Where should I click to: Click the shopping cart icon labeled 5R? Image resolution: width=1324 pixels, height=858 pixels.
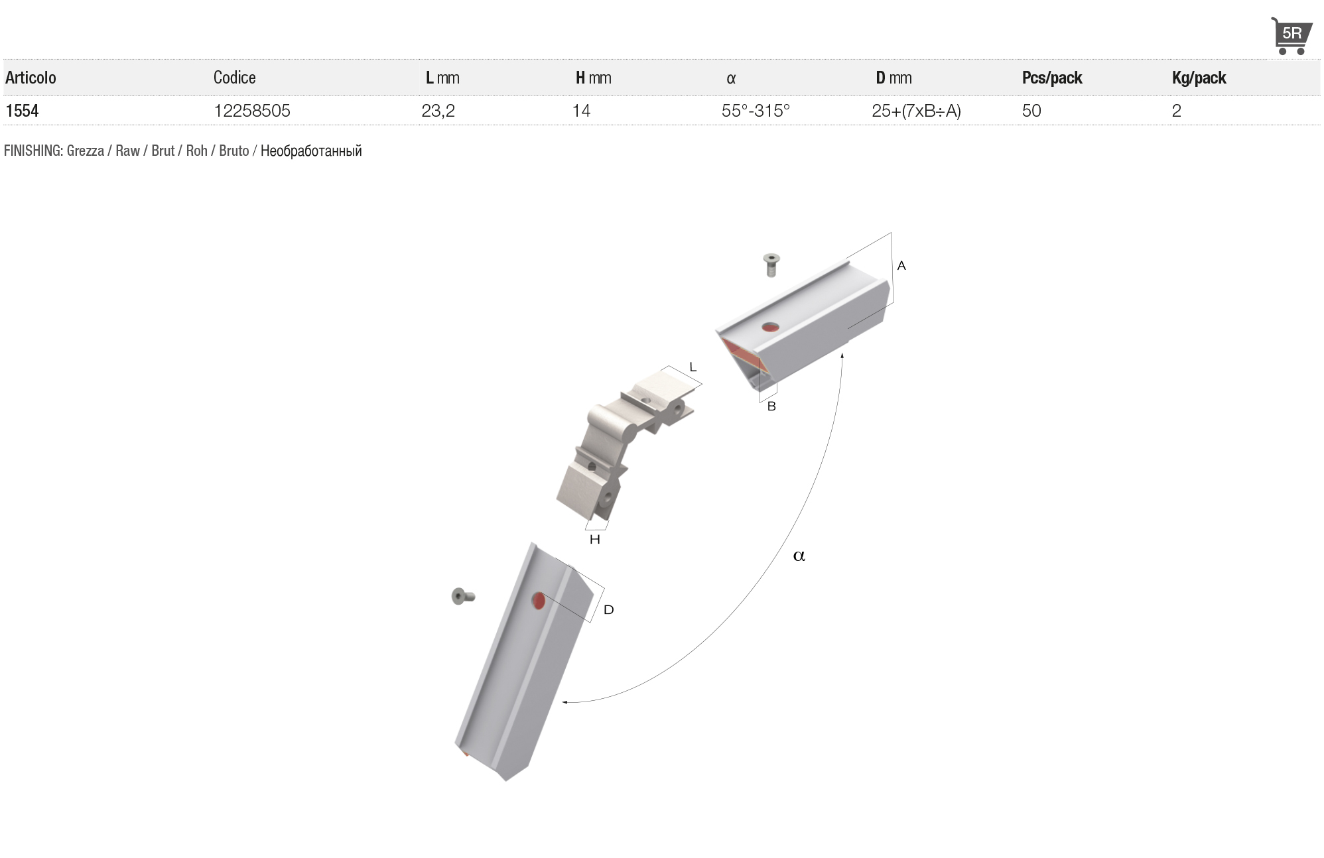coord(1291,36)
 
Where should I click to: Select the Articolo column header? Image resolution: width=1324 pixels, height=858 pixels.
coord(31,78)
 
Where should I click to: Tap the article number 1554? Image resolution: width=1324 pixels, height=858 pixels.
coord(22,111)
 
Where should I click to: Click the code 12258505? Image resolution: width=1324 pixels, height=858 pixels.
coord(252,111)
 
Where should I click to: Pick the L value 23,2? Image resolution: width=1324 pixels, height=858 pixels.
coord(438,111)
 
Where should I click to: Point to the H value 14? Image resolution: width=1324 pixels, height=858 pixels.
coord(581,111)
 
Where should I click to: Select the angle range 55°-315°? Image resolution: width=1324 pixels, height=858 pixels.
coord(756,111)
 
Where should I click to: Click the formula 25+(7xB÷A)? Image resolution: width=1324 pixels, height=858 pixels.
coord(916,111)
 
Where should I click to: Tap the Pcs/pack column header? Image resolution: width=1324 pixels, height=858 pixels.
coord(1052,78)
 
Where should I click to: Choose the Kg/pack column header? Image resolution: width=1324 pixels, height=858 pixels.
coord(1199,78)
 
